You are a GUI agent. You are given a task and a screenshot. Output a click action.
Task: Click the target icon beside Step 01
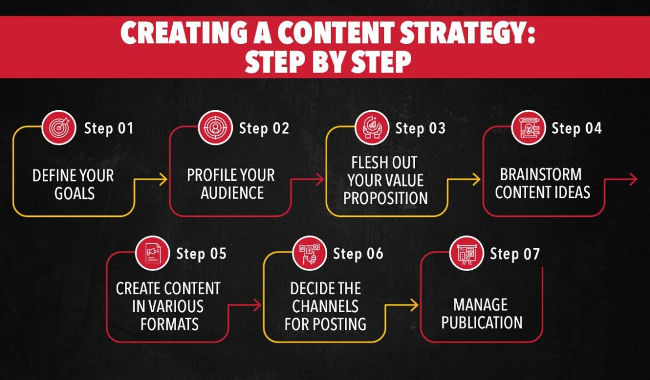pos(58,128)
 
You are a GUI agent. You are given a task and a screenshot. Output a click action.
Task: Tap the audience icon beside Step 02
pos(214,128)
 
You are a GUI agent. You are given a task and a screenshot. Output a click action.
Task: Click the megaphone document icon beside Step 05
pos(152,254)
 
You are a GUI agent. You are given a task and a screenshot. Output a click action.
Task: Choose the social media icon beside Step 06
pos(308,254)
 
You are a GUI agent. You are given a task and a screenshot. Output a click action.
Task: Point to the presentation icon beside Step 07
pos(466,254)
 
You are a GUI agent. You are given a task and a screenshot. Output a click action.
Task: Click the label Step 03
pos(420,129)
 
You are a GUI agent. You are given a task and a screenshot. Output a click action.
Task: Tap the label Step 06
pos(358,254)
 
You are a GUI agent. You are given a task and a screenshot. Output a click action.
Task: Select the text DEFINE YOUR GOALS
pos(73,185)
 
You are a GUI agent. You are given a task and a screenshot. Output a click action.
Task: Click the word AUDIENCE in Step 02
pos(232,193)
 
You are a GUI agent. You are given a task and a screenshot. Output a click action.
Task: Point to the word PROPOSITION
pos(385,198)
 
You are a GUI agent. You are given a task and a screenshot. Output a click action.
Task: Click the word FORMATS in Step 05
pos(169,324)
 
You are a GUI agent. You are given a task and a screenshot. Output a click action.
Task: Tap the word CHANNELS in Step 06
pos(325,306)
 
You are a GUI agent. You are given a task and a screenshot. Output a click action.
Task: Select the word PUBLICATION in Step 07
pos(482,323)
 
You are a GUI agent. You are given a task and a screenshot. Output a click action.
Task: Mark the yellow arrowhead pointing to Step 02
pos(163,179)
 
